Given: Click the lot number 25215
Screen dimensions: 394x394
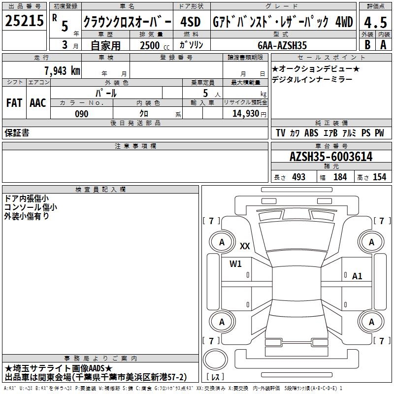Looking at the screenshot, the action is (24, 21).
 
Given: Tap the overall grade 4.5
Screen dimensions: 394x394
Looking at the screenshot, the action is (375, 22).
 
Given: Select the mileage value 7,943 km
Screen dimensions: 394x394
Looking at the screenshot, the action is (62, 70).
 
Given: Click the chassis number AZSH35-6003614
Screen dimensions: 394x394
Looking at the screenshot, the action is (331, 157).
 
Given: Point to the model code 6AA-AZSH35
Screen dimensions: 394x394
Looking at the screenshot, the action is (282, 45).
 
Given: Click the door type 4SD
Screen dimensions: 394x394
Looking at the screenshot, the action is (191, 22).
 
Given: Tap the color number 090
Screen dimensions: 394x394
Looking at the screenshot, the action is (82, 114).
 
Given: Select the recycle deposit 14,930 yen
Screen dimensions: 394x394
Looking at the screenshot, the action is (249, 114).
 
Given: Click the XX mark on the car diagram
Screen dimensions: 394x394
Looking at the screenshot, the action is (245, 246).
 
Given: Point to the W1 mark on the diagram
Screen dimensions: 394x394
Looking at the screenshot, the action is (235, 263).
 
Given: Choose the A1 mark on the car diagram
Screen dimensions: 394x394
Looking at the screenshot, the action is (357, 276).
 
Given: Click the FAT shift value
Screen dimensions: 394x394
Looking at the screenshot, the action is (14, 103).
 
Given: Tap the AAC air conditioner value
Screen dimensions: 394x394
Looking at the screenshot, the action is (38, 103).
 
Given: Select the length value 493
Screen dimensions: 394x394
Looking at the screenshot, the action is (299, 177).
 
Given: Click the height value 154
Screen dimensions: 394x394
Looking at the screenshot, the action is (379, 177).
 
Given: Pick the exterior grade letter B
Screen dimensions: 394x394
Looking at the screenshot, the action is (367, 45).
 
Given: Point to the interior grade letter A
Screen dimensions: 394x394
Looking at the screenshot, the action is (384, 45).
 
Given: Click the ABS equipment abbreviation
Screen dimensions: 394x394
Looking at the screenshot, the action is (311, 133).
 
